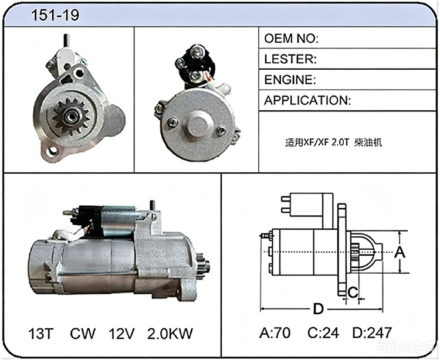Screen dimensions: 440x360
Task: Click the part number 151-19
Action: coord(55,15)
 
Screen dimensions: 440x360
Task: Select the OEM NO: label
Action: coord(291,39)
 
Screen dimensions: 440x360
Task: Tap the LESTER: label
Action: coord(290,59)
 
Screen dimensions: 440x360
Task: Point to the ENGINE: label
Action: coord(290,80)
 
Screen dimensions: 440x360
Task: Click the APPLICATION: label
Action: coord(307,100)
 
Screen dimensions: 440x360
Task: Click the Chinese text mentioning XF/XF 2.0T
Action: coord(333,142)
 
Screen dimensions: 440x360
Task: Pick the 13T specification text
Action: coord(40,334)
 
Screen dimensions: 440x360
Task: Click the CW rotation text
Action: coord(83,334)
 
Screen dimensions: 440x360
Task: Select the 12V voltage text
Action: coord(121,334)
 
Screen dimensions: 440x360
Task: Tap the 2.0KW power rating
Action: coord(170,334)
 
